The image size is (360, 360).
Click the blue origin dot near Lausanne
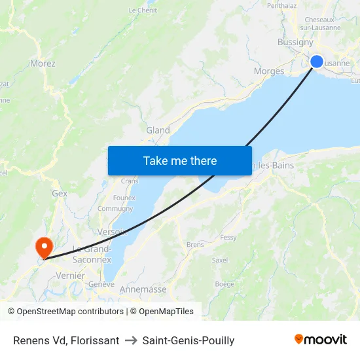tap(316, 62)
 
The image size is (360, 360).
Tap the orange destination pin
tap(45, 247)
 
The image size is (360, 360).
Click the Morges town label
tap(268, 71)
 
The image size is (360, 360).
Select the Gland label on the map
tap(158, 130)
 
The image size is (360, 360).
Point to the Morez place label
tap(43, 64)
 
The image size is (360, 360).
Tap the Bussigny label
tap(295, 42)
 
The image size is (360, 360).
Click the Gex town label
tap(60, 194)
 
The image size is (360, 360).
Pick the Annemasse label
tap(143, 289)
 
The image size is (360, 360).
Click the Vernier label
tap(70, 276)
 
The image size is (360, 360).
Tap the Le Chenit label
tap(143, 10)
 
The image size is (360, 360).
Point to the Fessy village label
tap(228, 238)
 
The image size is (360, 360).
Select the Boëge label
tap(224, 284)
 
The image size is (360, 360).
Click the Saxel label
tap(220, 260)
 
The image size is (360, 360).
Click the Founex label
tap(124, 198)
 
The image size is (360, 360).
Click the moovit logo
tap(320, 340)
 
